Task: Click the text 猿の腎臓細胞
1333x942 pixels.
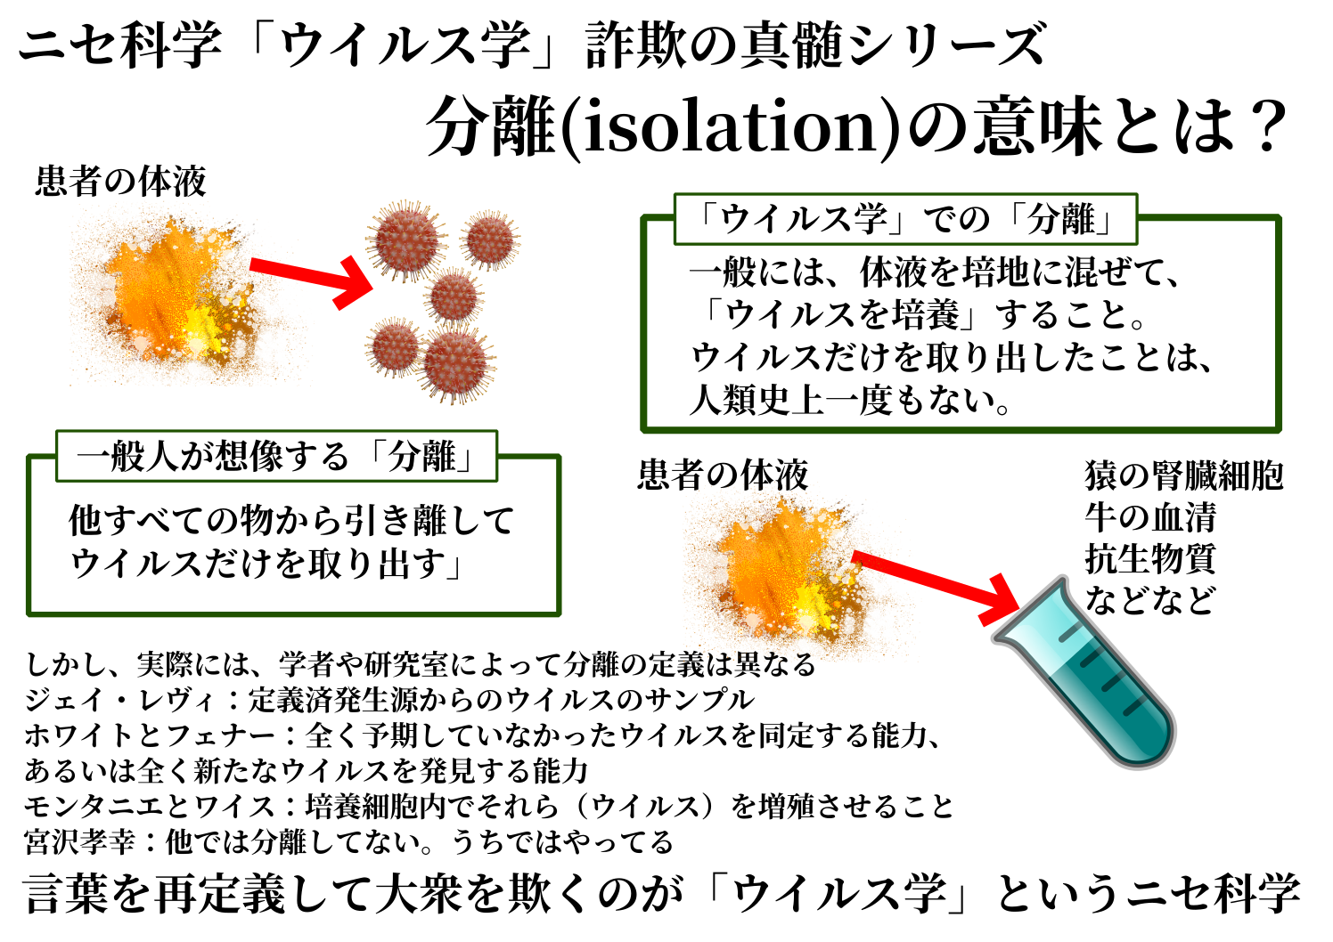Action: pos(1183,475)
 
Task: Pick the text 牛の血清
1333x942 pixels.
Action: pos(1149,517)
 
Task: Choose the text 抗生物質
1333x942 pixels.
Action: pos(1149,559)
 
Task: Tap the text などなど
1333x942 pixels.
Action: pos(1149,601)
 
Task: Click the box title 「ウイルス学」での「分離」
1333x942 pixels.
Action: pos(905,219)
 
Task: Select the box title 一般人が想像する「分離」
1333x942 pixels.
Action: pos(276,457)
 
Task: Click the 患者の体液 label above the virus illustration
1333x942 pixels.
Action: pos(121,182)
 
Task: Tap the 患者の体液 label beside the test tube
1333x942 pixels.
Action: pos(723,475)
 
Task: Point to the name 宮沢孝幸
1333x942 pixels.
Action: pos(80,841)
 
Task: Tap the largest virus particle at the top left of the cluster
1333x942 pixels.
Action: pos(406,241)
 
